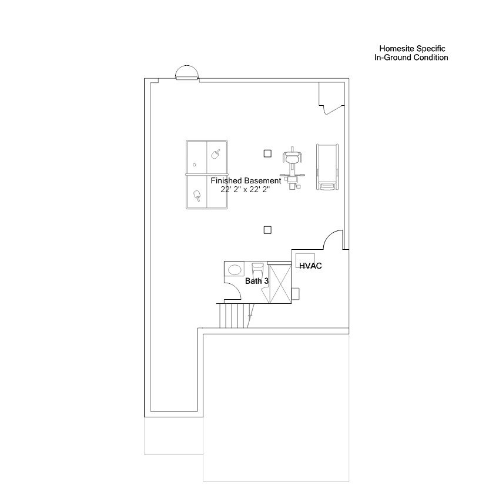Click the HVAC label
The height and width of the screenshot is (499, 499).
coord(310,266)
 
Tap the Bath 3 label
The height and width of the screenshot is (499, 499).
coord(257,282)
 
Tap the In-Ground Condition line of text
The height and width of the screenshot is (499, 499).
coord(411,58)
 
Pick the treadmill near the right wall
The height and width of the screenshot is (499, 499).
coord(327,167)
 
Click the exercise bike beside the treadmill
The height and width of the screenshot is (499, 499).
coord(292,168)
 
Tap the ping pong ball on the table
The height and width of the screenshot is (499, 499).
coord(194,165)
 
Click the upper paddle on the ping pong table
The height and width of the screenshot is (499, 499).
coord(216,154)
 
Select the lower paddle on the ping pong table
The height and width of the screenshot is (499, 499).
coord(196,196)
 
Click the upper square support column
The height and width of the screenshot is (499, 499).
coord(267,153)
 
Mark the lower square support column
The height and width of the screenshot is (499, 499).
coord(267,230)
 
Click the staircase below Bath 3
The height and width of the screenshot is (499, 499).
coord(233,316)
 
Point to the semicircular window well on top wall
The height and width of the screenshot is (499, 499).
coord(187,73)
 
